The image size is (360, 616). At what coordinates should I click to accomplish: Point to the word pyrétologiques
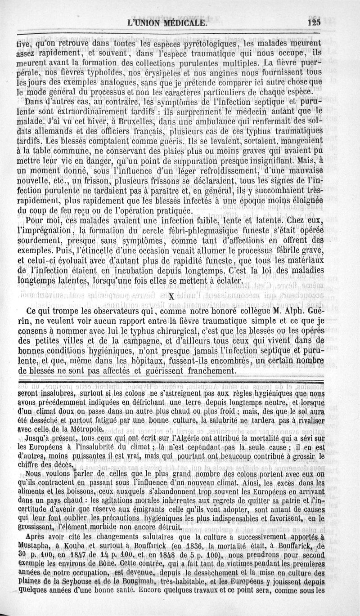tap(208, 45)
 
